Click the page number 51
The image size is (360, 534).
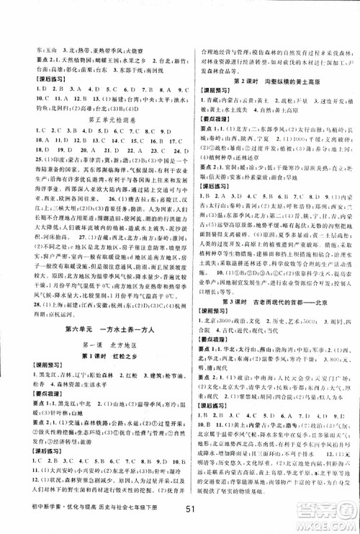pyautogui.click(x=180, y=515)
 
